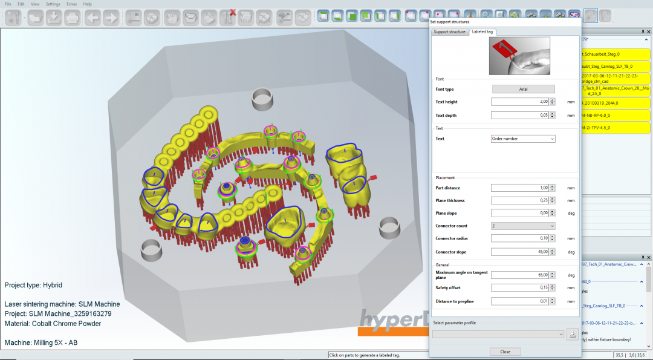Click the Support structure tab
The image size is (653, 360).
point(449,31)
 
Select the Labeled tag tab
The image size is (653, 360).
point(482,31)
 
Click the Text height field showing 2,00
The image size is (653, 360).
point(519,102)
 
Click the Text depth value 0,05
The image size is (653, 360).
point(519,115)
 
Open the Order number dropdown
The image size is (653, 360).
point(523,139)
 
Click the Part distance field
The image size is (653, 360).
point(519,188)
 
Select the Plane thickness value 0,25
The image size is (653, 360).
point(519,200)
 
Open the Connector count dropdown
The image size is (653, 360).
point(523,226)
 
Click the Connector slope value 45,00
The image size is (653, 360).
point(519,252)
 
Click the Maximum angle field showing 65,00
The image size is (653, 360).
point(519,275)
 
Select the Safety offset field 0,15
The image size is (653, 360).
point(519,287)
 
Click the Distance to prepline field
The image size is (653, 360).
point(519,301)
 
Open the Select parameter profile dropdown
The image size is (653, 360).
point(498,334)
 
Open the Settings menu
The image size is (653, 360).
point(53,4)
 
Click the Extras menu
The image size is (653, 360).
point(71,4)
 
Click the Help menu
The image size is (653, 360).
point(88,4)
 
